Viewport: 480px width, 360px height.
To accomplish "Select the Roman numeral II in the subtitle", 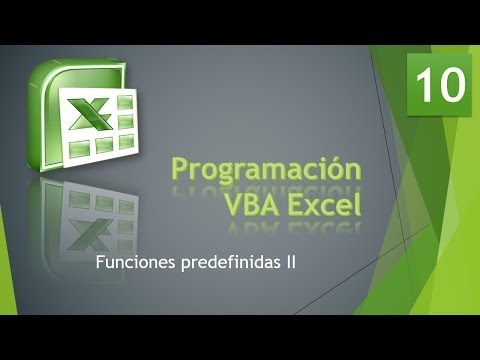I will point(289,264).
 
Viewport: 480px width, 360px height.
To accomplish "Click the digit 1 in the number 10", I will point(426,87).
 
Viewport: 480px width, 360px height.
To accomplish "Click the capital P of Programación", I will point(180,169).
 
